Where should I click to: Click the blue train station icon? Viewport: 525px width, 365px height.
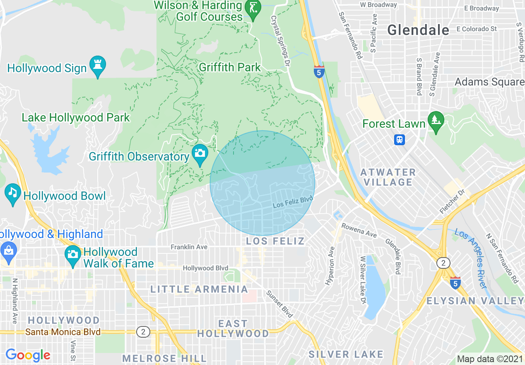(x=400, y=139)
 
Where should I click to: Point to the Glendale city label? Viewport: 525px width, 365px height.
(x=418, y=30)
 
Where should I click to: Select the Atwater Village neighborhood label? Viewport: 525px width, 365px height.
(x=388, y=177)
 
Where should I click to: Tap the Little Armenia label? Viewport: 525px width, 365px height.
(x=199, y=290)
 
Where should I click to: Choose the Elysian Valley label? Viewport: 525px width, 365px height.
(x=475, y=301)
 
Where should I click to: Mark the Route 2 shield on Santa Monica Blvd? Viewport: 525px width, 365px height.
(x=143, y=332)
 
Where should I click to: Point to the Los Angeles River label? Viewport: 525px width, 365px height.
(x=471, y=257)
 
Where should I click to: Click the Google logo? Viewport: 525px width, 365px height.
(x=28, y=355)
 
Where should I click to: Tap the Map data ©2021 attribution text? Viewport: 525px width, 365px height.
(x=489, y=359)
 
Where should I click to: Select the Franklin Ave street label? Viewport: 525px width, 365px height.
(x=189, y=247)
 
